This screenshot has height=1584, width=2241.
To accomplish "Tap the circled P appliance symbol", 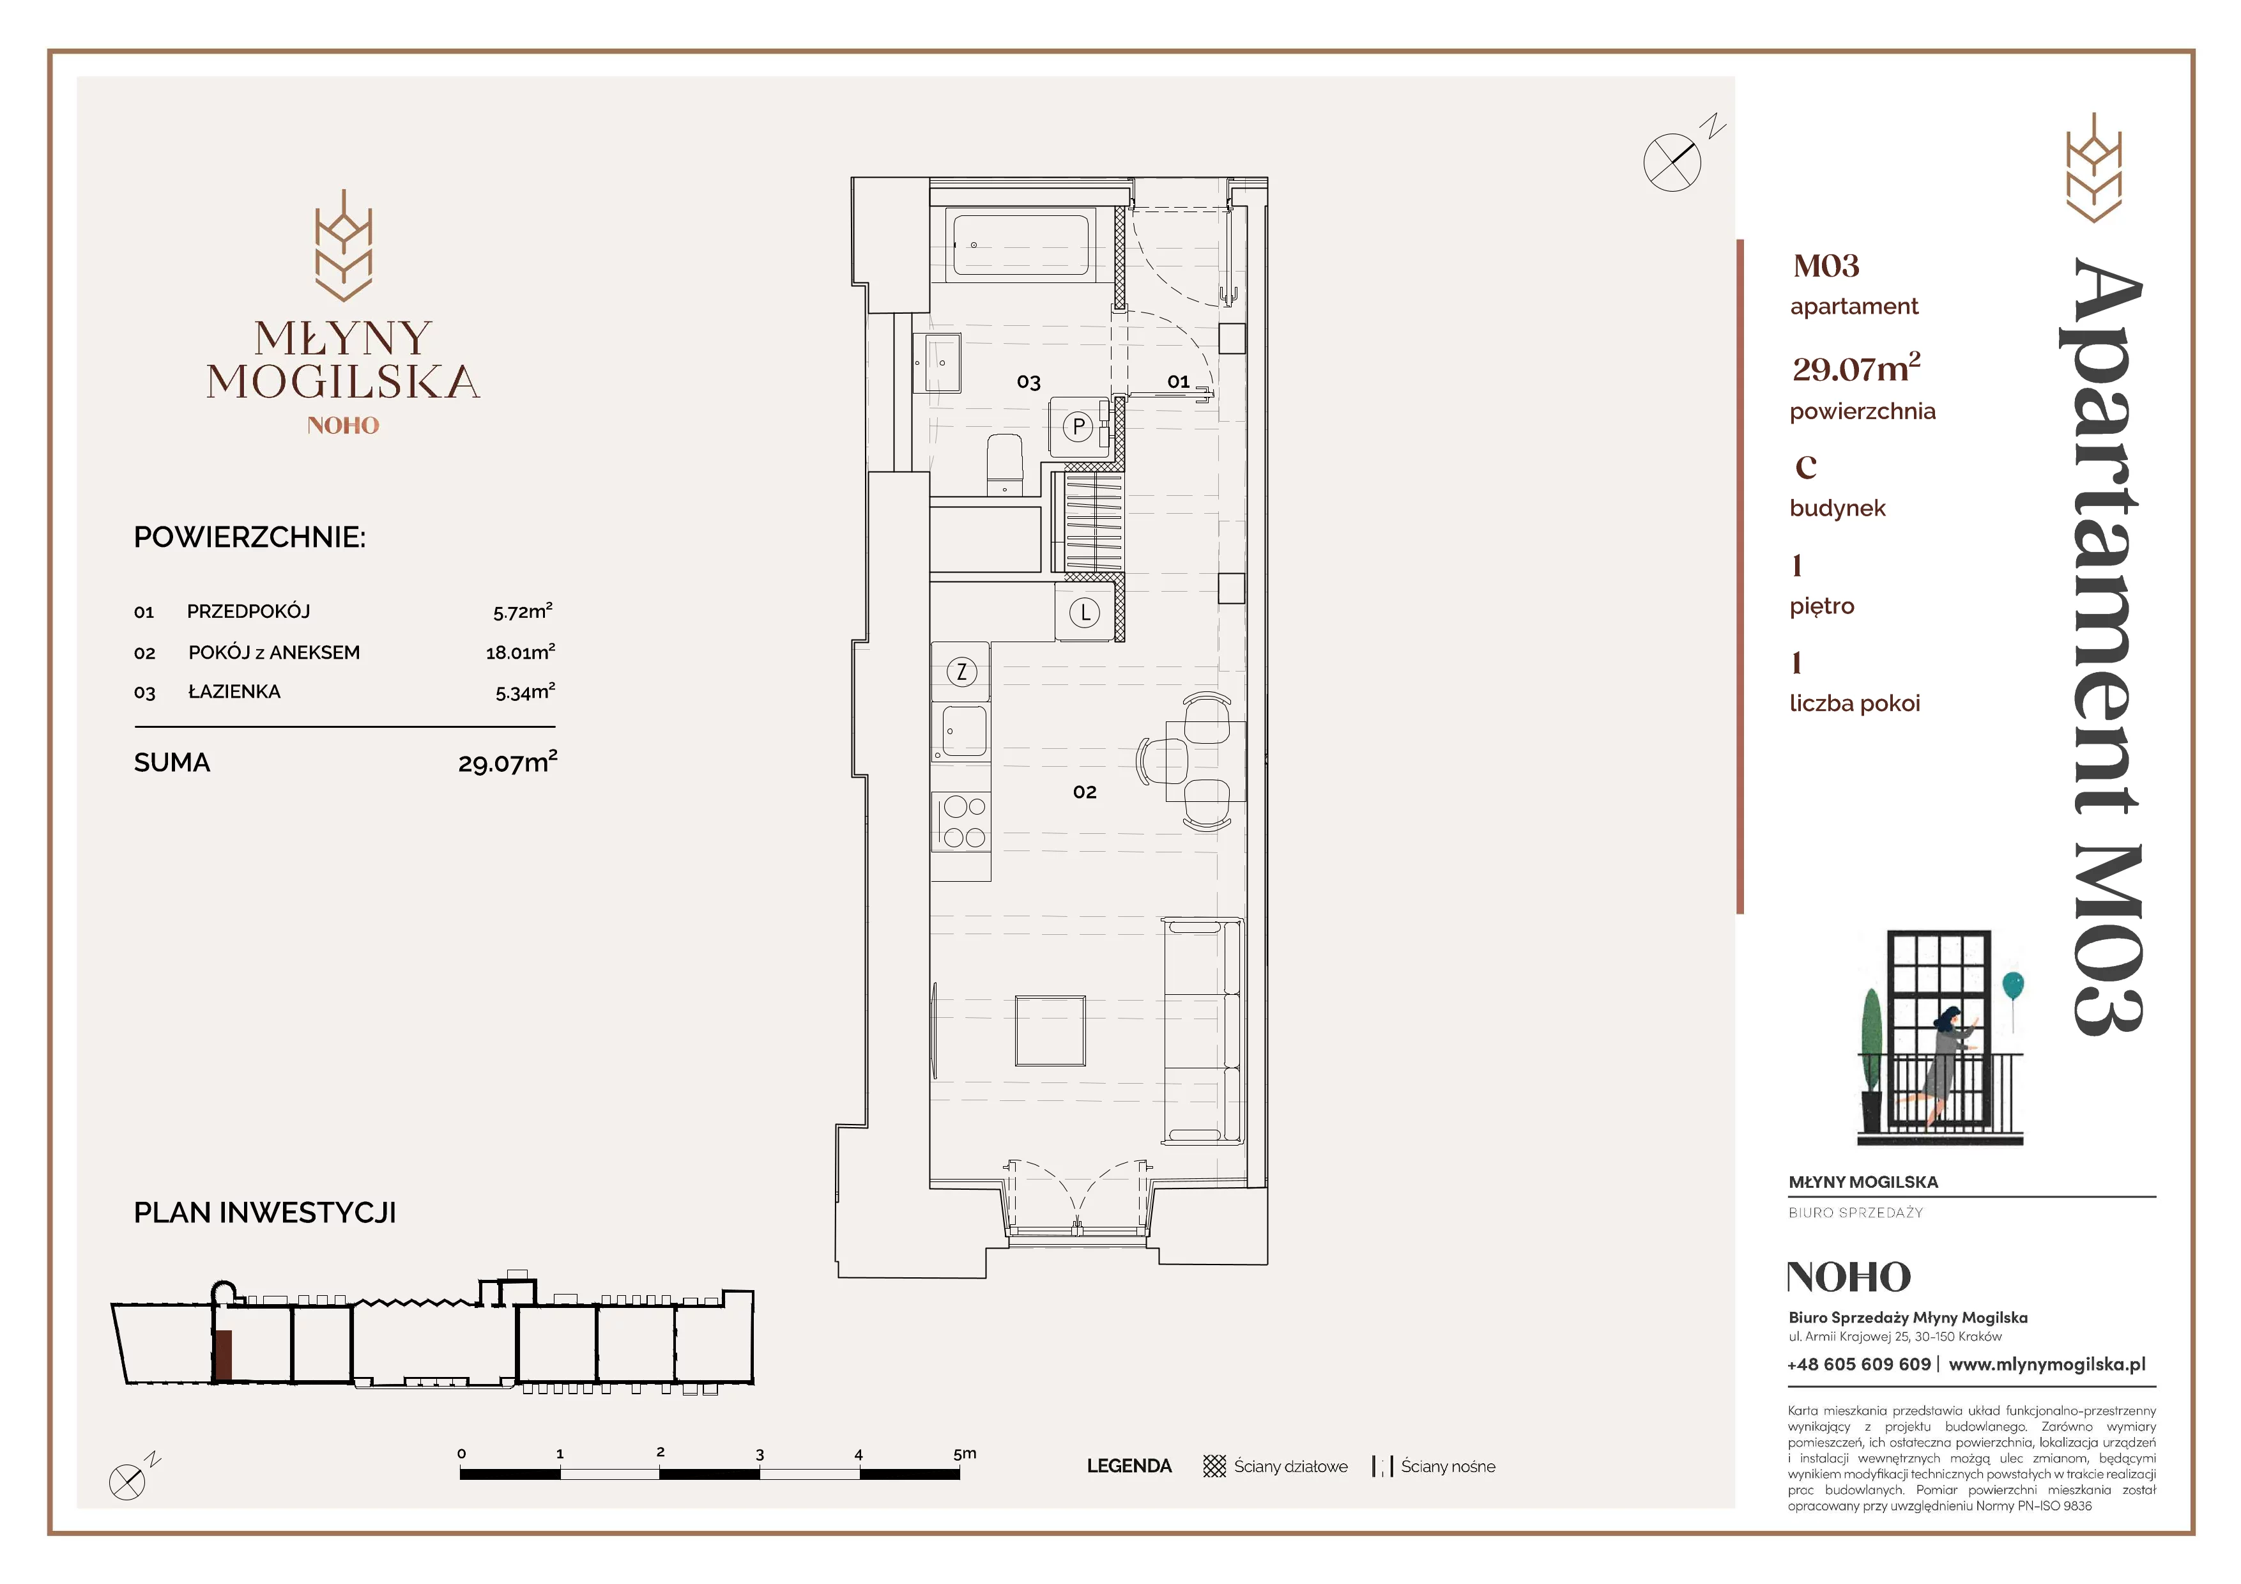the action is pyautogui.click(x=1078, y=426).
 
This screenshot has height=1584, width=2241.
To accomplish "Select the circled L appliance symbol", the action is pyautogui.click(x=1084, y=613).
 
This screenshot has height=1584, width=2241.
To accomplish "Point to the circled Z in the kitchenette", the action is pyautogui.click(x=961, y=672).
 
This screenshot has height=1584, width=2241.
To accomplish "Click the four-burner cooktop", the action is pyautogui.click(x=963, y=822).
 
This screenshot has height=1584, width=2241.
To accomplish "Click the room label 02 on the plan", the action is pyautogui.click(x=1084, y=792).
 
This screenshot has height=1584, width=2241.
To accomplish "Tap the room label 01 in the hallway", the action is pyautogui.click(x=1178, y=381).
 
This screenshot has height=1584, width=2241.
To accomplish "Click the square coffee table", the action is pyautogui.click(x=1050, y=1031).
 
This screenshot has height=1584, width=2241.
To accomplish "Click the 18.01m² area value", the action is pyautogui.click(x=520, y=651).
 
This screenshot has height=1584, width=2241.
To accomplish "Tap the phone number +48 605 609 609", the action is pyautogui.click(x=1858, y=1364).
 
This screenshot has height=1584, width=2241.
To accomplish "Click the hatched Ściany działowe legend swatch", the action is pyautogui.click(x=1214, y=1466).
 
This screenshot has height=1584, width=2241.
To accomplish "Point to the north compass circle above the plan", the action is pyautogui.click(x=1672, y=162).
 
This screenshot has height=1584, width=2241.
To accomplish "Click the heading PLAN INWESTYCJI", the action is pyautogui.click(x=264, y=1213).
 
